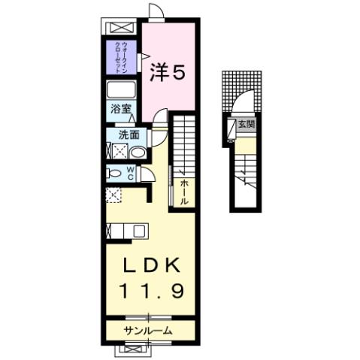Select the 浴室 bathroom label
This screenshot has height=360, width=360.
pyautogui.click(x=120, y=110)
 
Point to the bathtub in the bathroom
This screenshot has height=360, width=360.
pyautogui.click(x=120, y=91)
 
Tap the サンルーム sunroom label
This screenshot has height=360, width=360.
pyautogui.click(x=149, y=331)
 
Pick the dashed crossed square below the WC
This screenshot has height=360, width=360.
pyautogui.click(x=113, y=196)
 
